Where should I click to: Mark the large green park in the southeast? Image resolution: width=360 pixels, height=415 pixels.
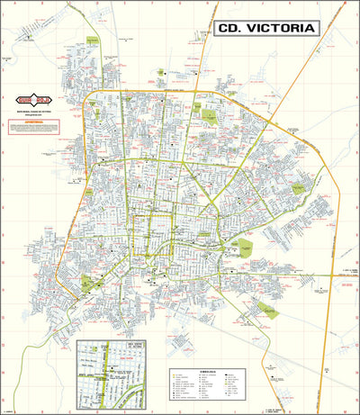coord(266,309)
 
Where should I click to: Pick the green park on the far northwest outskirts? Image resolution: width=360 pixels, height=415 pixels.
coord(91,41)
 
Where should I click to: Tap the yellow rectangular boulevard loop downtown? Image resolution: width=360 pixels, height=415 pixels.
coord(153,229)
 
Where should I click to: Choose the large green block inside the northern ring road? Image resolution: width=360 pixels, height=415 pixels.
coord(211,116)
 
